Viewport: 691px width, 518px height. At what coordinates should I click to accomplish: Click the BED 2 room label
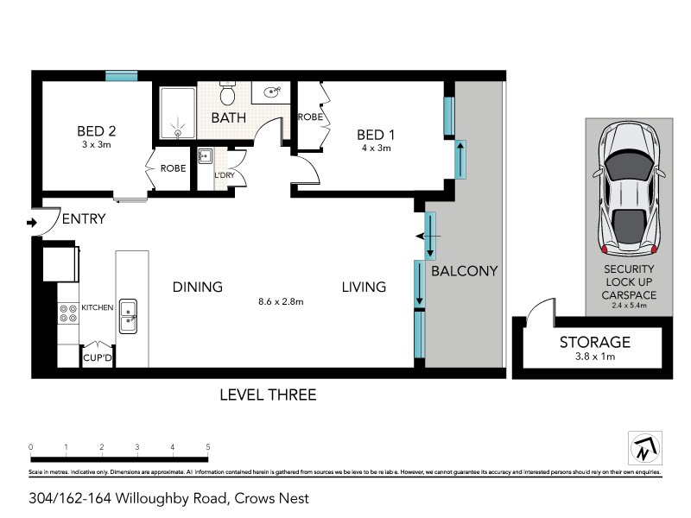(97, 131)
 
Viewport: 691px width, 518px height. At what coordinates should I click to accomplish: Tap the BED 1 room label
(376, 134)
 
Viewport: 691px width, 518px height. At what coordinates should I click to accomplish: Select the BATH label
(229, 117)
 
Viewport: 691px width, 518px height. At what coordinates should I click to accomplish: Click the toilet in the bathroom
(228, 92)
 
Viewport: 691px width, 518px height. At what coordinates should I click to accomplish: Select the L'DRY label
(225, 176)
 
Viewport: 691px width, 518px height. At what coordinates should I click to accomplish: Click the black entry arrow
(32, 223)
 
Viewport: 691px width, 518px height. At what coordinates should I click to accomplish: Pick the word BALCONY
(464, 270)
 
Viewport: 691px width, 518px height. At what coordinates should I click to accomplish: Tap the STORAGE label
(594, 342)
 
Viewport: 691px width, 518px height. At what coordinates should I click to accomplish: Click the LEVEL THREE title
(268, 395)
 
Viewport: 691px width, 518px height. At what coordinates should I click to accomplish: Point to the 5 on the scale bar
(208, 446)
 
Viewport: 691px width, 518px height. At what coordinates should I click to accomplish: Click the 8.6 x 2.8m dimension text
(281, 301)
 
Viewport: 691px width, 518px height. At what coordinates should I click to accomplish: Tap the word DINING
(197, 287)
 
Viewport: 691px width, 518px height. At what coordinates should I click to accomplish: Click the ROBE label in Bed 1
(310, 117)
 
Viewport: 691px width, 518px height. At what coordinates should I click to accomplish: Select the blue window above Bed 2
(122, 76)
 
